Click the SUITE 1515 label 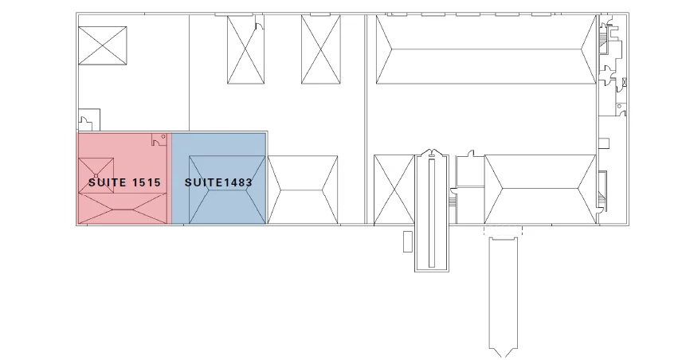[x=125, y=182]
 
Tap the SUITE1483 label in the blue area [x=218, y=182]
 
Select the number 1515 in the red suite [x=147, y=182]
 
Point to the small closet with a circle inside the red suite [x=159, y=139]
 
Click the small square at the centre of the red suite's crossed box [x=96, y=176]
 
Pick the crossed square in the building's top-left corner [x=103, y=45]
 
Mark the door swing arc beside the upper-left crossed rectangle [x=259, y=26]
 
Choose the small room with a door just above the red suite [x=89, y=119]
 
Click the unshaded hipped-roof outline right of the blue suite [x=303, y=190]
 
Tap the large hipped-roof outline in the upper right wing [x=486, y=49]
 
